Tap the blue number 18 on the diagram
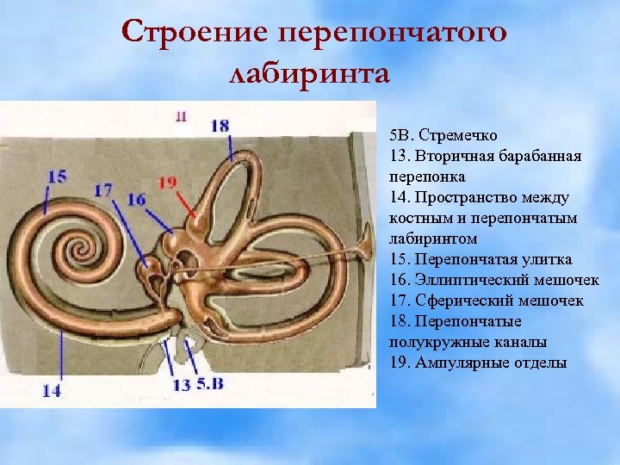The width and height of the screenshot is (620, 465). [x=220, y=126]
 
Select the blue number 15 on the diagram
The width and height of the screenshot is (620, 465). [x=57, y=177]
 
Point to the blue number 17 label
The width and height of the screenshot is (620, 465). [x=103, y=190]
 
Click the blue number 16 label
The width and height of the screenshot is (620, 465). [x=135, y=200]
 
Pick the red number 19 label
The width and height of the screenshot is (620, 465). [x=167, y=182]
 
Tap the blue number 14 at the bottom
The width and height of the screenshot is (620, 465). [x=52, y=390]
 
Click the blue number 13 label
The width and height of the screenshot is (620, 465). [x=181, y=385]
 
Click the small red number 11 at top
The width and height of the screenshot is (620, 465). [x=180, y=115]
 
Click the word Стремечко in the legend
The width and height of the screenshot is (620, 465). [x=460, y=136]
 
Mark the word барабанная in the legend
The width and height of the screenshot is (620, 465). [x=542, y=157]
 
